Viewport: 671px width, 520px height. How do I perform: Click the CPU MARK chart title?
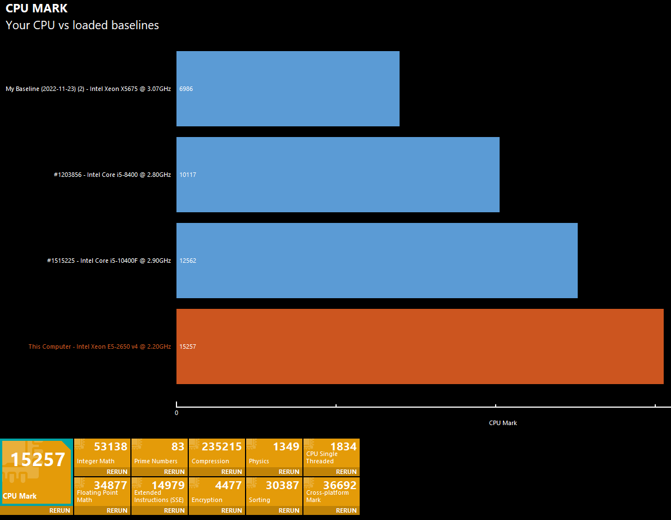[37, 8]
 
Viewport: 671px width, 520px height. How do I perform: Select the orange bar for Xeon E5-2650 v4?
[420, 346]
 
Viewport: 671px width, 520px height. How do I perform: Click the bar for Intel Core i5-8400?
[338, 175]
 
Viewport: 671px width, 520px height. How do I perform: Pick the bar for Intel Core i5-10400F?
[377, 261]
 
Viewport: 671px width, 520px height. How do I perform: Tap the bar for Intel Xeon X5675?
[288, 89]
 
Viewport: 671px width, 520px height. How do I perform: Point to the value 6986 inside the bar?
[186, 89]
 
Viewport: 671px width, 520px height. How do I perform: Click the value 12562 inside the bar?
[188, 261]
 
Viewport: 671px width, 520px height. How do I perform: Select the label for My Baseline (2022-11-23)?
[88, 89]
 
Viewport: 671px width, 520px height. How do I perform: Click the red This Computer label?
[99, 346]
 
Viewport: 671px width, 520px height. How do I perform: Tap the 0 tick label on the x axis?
[176, 413]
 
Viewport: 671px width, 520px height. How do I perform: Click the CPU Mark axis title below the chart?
[503, 423]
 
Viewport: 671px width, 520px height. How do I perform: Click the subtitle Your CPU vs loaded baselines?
[82, 25]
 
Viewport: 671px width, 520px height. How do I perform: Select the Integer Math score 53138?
[111, 447]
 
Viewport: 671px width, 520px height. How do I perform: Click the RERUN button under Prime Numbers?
[174, 472]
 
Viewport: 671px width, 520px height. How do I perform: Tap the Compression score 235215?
[221, 447]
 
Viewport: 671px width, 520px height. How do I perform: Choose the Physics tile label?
[259, 461]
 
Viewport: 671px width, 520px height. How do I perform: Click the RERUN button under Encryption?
[232, 510]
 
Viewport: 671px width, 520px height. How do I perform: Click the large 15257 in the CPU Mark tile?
[38, 460]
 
